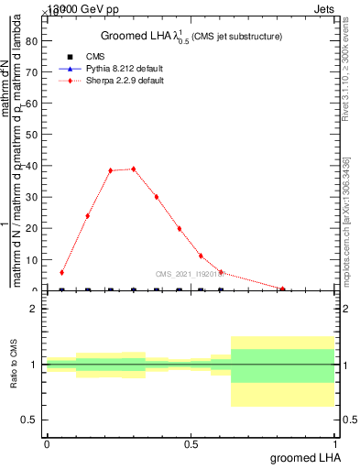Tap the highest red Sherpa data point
134,169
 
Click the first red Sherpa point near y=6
61,272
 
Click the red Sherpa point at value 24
88,216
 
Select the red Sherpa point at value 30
157,197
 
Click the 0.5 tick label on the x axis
191,444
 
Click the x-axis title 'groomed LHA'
304,457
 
